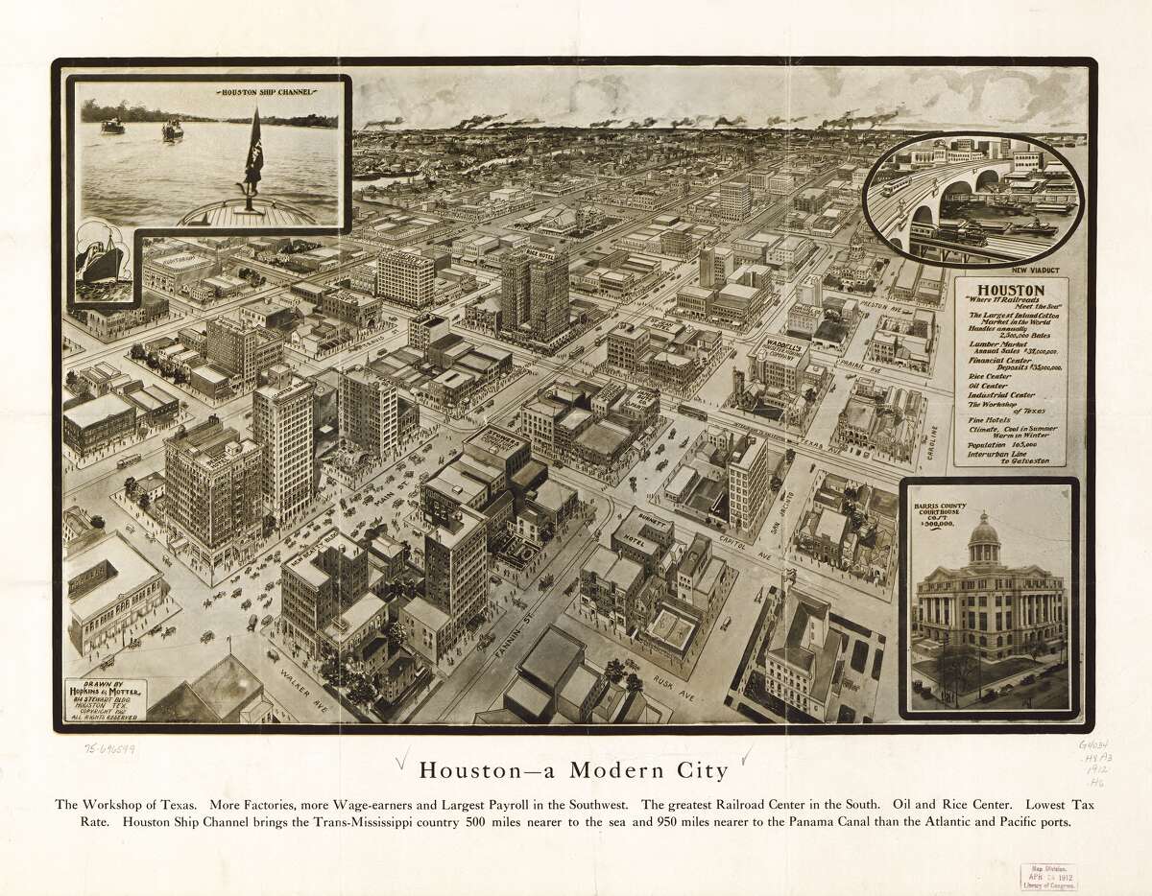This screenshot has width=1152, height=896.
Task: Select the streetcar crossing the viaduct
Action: [x=897, y=184]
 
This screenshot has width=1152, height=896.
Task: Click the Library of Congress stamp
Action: [x=1048, y=875]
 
